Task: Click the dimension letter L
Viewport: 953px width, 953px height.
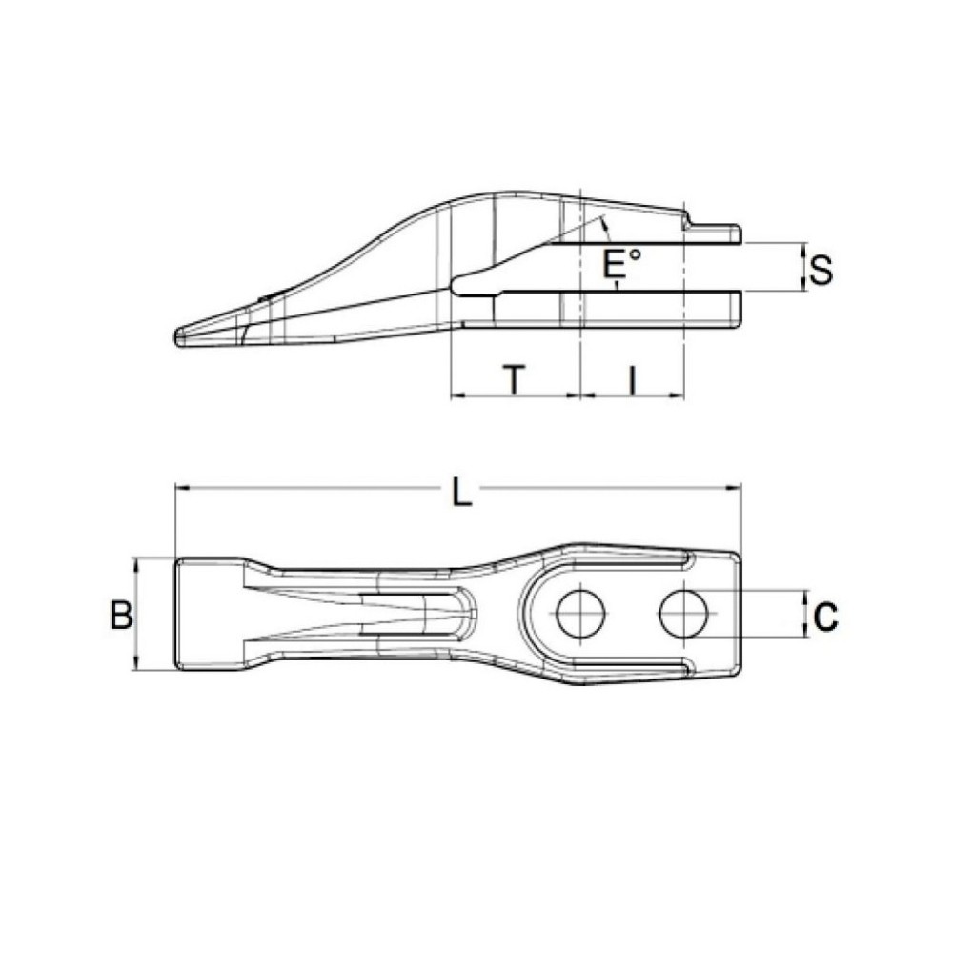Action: click(x=461, y=492)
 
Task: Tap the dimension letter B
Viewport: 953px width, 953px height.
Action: click(x=120, y=615)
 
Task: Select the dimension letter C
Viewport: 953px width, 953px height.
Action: click(x=825, y=616)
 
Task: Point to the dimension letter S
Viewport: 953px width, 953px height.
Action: click(x=820, y=270)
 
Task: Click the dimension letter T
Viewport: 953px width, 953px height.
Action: click(x=514, y=379)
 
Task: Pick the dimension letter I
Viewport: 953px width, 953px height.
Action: click(x=631, y=379)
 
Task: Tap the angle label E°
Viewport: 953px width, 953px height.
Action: click(x=622, y=262)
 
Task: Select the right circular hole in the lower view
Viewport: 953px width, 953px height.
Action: click(x=683, y=613)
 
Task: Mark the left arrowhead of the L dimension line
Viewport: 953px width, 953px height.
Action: click(x=180, y=489)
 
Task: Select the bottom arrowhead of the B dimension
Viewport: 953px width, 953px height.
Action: click(x=139, y=666)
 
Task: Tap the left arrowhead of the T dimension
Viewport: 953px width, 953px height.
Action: click(x=456, y=395)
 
